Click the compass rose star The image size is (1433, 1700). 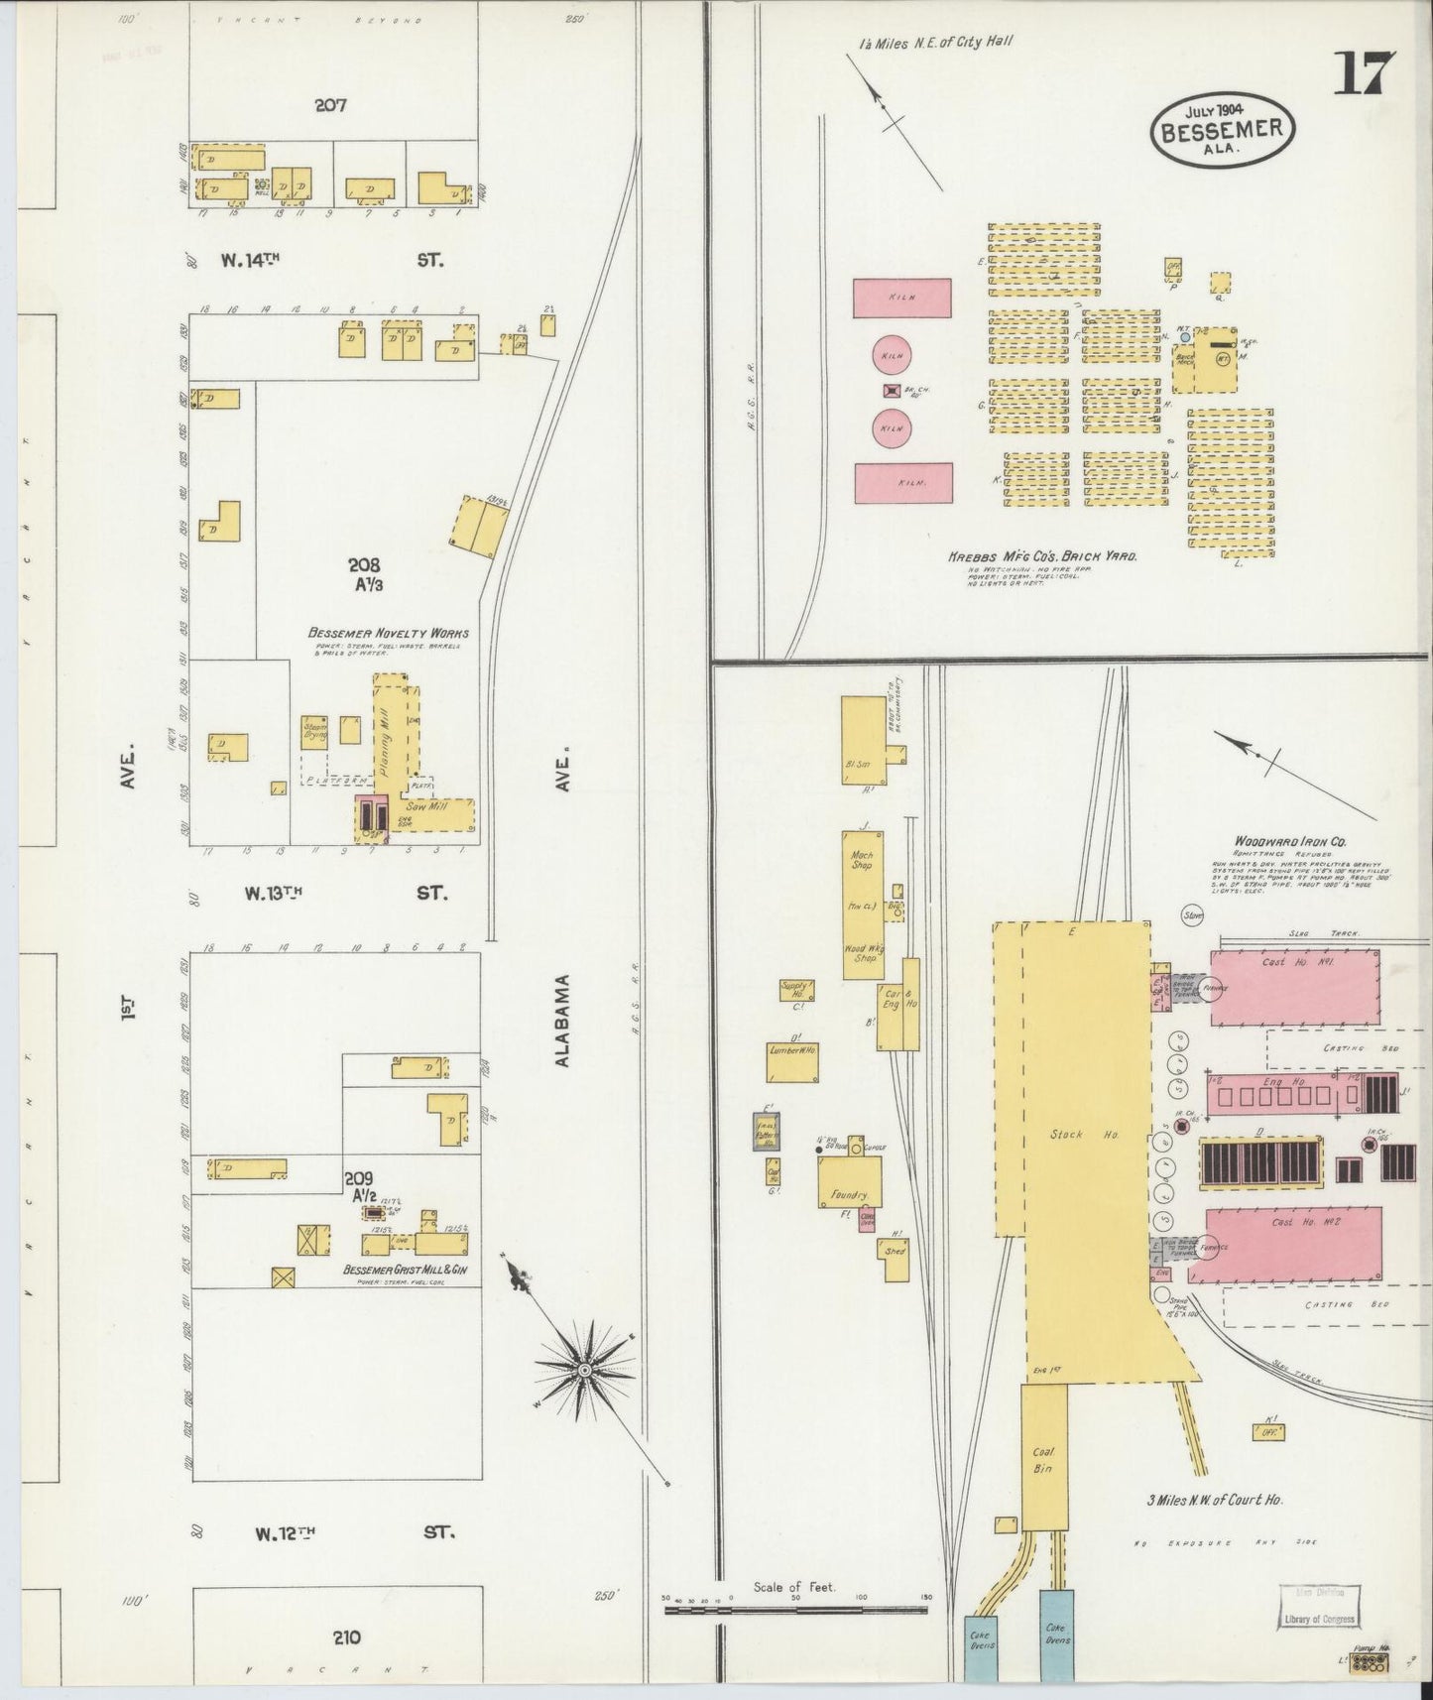point(585,1370)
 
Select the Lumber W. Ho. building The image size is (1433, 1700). point(793,1062)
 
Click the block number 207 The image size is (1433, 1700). point(330,105)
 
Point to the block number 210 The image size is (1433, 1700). point(347,1637)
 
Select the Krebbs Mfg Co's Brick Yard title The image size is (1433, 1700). point(1042,556)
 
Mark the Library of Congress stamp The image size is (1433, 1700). point(1317,1620)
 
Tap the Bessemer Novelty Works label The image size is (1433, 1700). point(389,633)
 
